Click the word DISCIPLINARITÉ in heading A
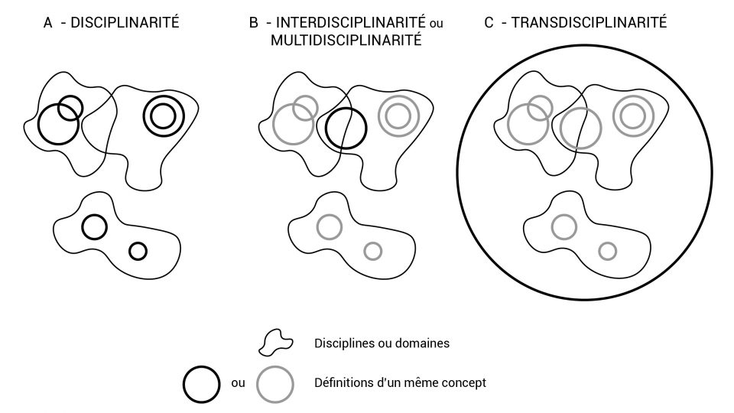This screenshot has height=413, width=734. point(125,23)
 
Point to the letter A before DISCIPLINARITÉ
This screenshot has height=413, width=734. point(48,23)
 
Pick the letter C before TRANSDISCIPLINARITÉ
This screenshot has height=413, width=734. point(489,23)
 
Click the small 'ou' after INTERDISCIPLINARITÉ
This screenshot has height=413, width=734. point(437,24)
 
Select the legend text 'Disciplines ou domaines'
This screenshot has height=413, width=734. point(382,343)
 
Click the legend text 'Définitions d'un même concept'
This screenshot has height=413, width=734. point(400,382)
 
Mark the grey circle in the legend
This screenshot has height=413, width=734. point(275,383)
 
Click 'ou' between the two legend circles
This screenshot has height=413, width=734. point(238,383)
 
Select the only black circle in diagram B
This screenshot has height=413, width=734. point(346,128)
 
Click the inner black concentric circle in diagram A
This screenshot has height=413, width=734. point(163,116)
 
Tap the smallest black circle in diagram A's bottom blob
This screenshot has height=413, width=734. point(138,251)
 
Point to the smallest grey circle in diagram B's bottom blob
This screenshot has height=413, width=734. point(372,251)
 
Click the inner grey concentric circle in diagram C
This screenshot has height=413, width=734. point(632,116)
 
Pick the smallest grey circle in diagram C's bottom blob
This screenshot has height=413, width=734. point(607,251)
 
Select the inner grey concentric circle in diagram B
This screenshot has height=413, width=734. point(398,116)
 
